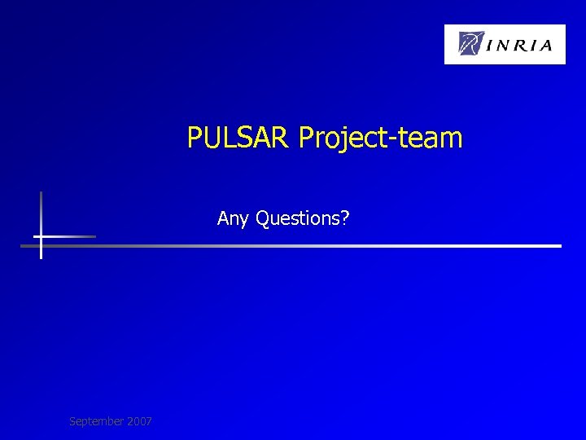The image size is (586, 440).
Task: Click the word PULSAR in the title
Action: (238, 138)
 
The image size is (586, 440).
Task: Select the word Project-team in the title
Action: (380, 138)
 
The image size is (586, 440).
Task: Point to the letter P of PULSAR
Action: (195, 138)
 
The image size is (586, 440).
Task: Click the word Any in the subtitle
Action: (234, 218)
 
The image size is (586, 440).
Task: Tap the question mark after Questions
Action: (345, 218)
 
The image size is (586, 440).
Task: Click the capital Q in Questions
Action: (263, 218)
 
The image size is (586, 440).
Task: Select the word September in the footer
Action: (96, 421)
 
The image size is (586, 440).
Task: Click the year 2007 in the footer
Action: (138, 421)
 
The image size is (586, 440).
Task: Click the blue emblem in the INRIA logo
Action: (471, 43)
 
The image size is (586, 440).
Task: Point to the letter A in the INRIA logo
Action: (554, 45)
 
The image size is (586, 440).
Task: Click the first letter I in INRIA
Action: (491, 45)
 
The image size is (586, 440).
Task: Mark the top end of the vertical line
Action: (41, 192)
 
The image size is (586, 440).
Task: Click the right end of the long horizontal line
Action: (560, 245)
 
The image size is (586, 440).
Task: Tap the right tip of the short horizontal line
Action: (94, 236)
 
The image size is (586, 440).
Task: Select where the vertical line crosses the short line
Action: (41, 236)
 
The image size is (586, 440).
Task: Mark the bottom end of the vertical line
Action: (41, 257)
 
